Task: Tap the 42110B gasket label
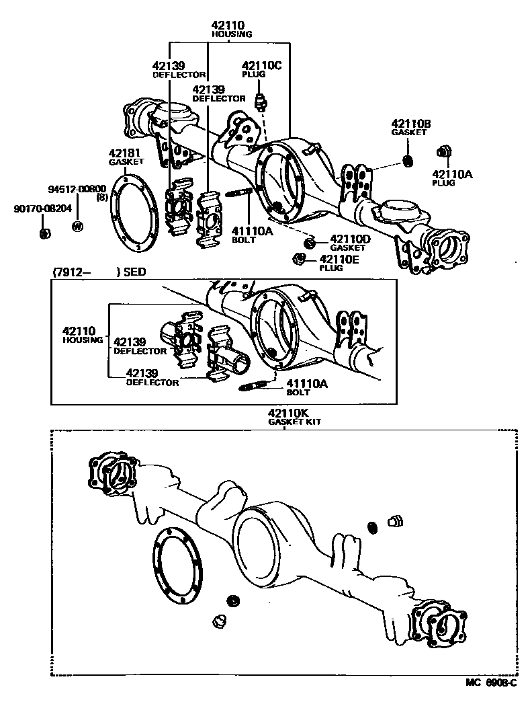[411, 124]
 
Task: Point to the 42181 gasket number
[126, 153]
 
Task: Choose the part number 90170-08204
[42, 209]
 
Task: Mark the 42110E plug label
[340, 259]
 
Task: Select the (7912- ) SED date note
[99, 272]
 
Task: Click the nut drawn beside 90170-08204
[44, 233]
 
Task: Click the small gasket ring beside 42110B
[406, 161]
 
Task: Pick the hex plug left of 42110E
[300, 258]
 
